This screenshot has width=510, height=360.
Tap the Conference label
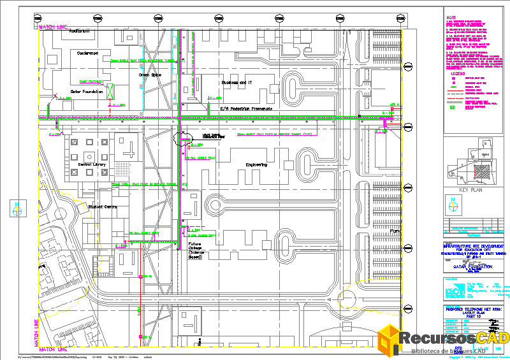(88, 53)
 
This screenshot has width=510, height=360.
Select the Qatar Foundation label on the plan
(87, 92)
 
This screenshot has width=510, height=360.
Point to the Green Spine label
(150, 75)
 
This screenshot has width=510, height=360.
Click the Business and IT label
(237, 82)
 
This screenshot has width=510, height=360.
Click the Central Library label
(92, 164)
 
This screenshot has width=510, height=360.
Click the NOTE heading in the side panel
(451, 18)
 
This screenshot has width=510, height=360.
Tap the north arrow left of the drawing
(18, 207)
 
